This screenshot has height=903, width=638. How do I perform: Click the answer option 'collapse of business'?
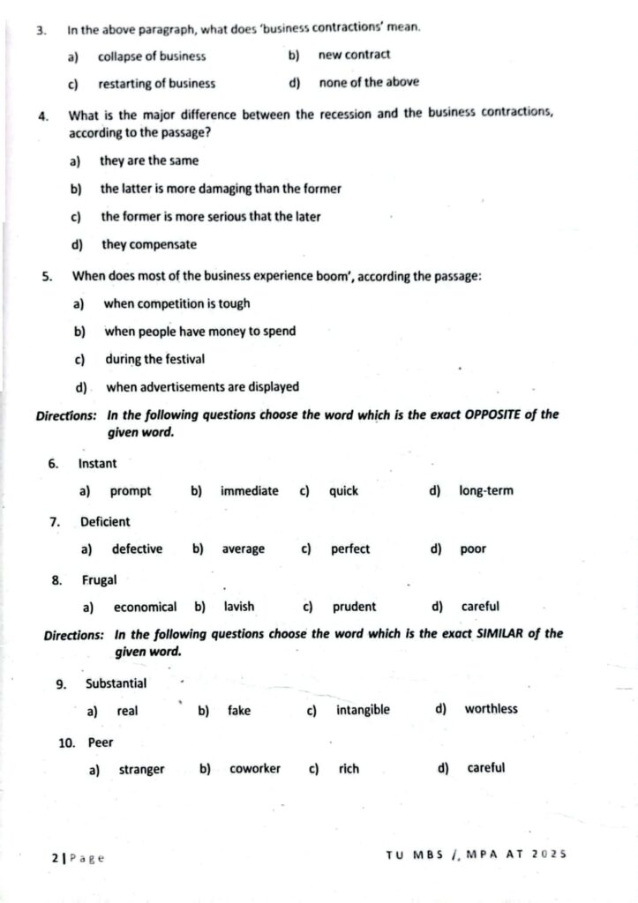point(152,56)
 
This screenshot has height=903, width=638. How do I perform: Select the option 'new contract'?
point(354,55)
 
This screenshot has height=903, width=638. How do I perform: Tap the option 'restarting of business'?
point(156,84)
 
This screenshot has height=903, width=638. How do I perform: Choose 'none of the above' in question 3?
point(369,83)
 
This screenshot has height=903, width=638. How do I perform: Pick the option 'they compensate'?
point(149,244)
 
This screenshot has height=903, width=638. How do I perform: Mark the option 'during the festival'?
point(154,359)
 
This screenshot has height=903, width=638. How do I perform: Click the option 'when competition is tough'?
point(176,303)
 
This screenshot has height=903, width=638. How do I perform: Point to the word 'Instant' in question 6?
point(97,463)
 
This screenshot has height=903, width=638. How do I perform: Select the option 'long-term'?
point(485,490)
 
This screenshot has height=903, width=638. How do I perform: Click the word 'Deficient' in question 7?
point(105,521)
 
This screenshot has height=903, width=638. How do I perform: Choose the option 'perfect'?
point(350,549)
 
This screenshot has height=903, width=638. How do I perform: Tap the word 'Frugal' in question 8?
point(99,580)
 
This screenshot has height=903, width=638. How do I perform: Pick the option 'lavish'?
point(239,607)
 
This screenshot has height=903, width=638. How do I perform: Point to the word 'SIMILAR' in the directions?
point(502,633)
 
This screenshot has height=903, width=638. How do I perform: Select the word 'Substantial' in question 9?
point(116,683)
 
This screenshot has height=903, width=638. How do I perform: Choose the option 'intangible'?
point(363,710)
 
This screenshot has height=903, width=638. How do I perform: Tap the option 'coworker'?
point(255,768)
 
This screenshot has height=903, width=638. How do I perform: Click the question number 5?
point(47,276)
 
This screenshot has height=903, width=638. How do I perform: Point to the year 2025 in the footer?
point(548,854)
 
